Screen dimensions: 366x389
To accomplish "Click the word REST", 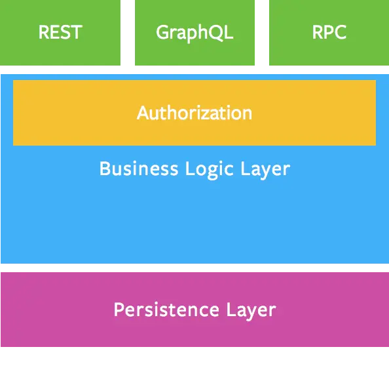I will click(x=60, y=32).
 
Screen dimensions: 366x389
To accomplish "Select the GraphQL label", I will click(x=194, y=33).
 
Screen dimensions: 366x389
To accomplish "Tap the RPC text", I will click(x=329, y=32).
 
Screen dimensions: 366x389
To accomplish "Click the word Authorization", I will click(x=194, y=113).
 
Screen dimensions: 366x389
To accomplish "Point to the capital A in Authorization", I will click(x=143, y=113).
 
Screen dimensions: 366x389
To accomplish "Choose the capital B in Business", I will click(x=105, y=169).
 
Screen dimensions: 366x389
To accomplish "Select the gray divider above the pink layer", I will click(x=194, y=268).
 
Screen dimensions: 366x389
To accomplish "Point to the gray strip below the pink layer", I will click(x=194, y=350).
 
